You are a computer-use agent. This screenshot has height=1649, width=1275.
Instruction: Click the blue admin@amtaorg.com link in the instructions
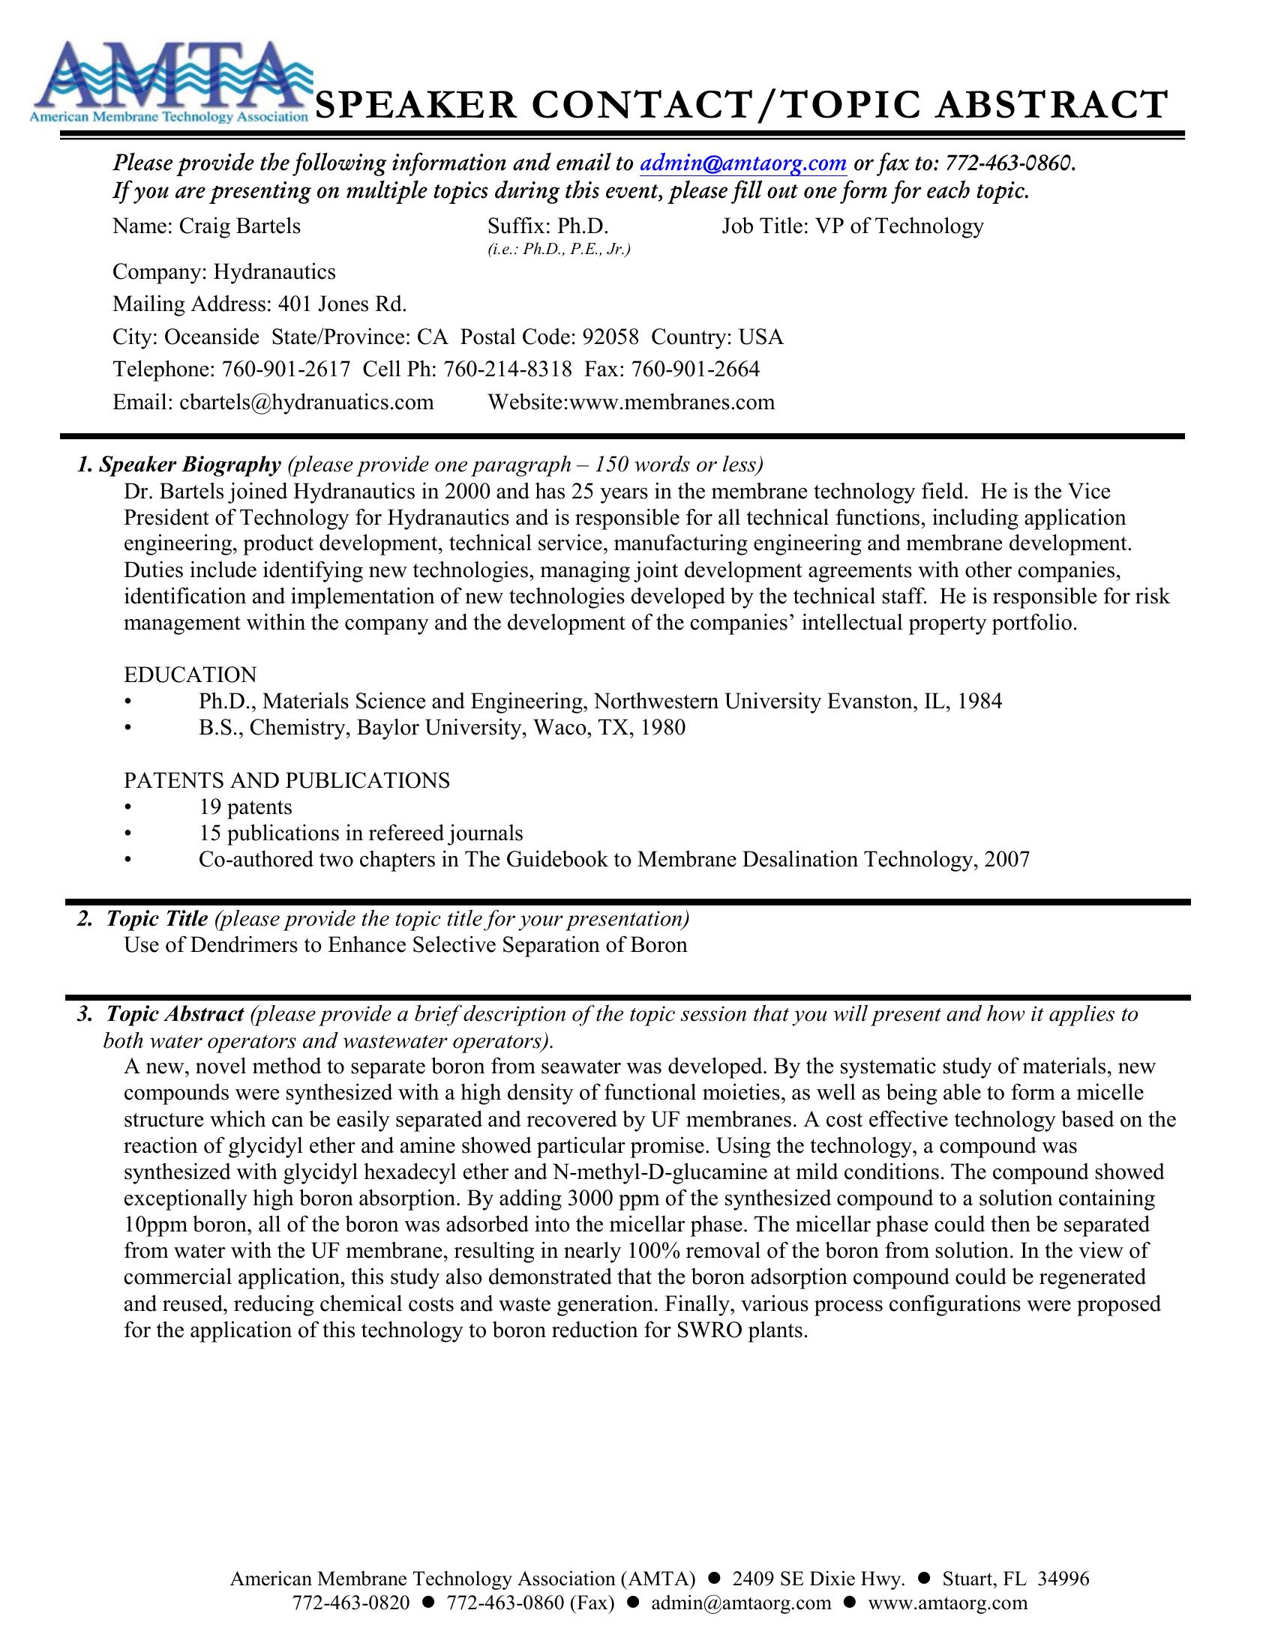743,163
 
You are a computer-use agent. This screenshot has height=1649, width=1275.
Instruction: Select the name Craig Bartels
238,226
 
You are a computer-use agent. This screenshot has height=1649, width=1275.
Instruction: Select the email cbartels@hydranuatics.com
306,402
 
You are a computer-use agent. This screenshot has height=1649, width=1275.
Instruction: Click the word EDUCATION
190,675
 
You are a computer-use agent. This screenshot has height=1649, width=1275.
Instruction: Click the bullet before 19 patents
128,808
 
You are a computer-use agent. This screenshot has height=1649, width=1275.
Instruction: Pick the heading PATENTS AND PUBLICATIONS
287,780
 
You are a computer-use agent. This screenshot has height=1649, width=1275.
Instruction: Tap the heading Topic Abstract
175,1014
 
